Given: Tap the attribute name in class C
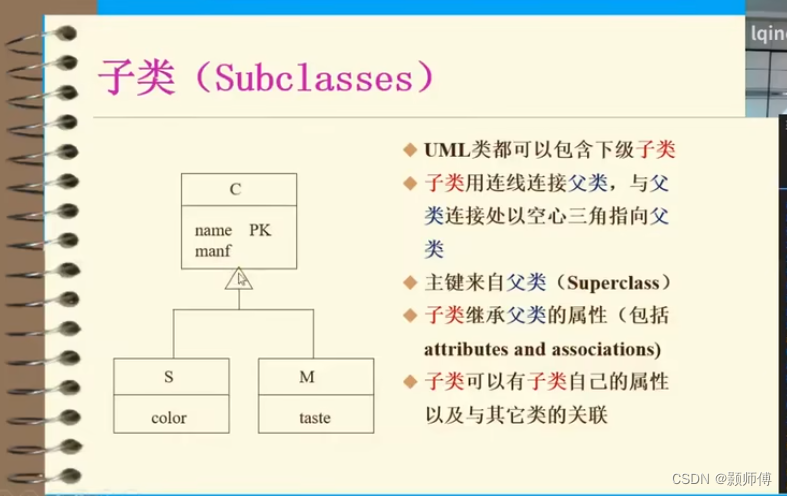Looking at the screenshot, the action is click(213, 230).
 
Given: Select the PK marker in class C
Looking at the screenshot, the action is click(260, 230).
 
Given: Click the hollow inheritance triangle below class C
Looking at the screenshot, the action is click(238, 279).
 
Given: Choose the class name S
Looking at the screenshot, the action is click(169, 377).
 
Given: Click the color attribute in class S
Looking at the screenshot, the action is click(169, 417).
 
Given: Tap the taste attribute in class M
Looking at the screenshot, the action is click(315, 417).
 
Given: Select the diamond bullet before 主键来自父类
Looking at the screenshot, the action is click(409, 282).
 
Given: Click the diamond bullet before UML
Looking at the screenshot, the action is click(409, 150).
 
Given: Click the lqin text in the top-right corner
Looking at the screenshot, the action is click(767, 33).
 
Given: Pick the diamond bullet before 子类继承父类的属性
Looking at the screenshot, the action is click(409, 316).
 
